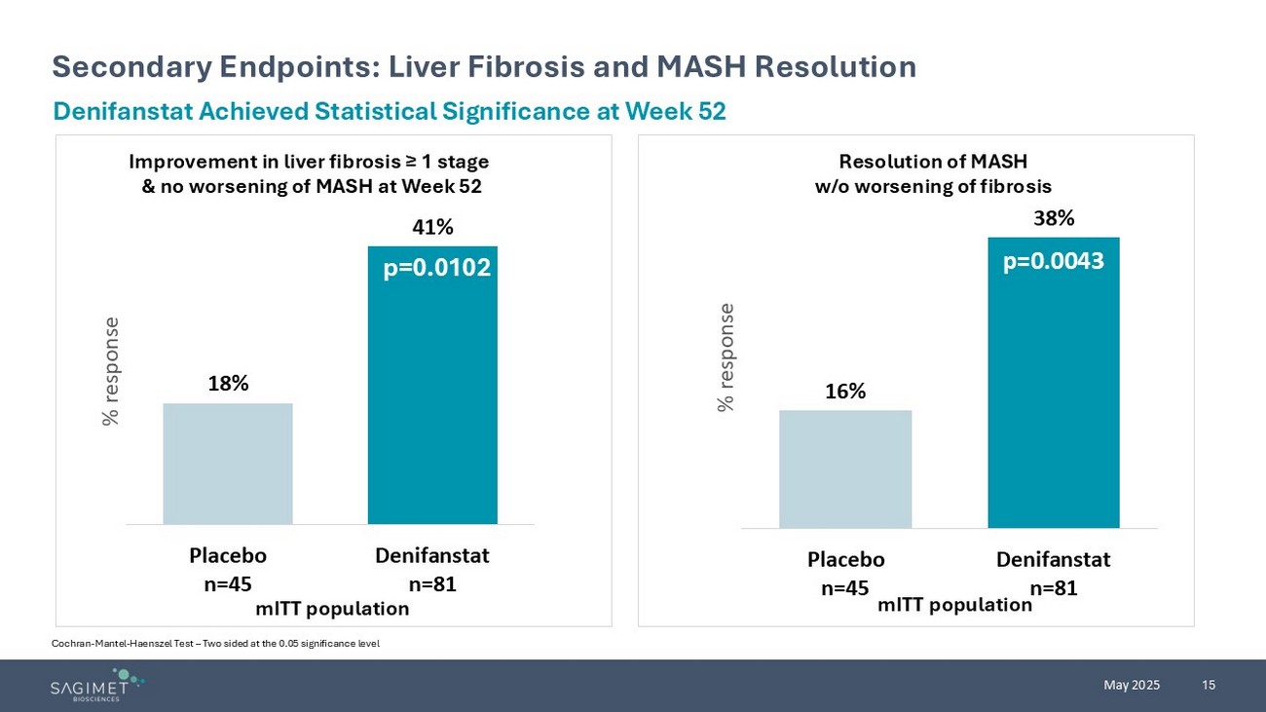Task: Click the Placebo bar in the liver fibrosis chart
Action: pos(228,464)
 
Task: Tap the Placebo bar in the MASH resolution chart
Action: pos(845,468)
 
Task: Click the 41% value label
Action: pos(432,227)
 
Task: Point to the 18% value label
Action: pos(228,384)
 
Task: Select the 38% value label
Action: pos(1054,218)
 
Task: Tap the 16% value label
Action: pos(845,392)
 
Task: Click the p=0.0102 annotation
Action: pos(436,268)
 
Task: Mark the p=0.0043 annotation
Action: pos(1054,260)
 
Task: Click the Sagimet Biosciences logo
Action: pos(97,685)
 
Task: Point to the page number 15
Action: pos(1209,685)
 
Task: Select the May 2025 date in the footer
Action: pos(1132,685)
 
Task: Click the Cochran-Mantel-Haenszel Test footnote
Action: pos(215,644)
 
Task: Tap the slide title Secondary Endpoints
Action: pos(484,66)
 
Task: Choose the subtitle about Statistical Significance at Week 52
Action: pos(390,111)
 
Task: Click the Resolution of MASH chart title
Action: pos(933,173)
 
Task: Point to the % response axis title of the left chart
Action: pos(111,371)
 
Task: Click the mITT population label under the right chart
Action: pos(954,605)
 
